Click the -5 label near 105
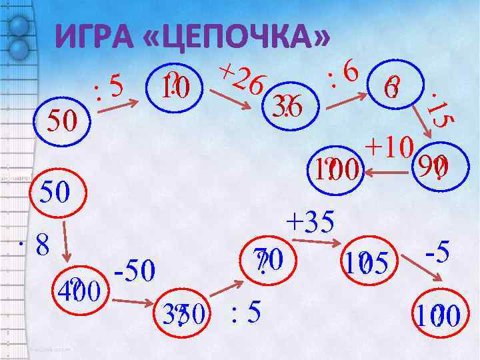pyautogui.click(x=440, y=252)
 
